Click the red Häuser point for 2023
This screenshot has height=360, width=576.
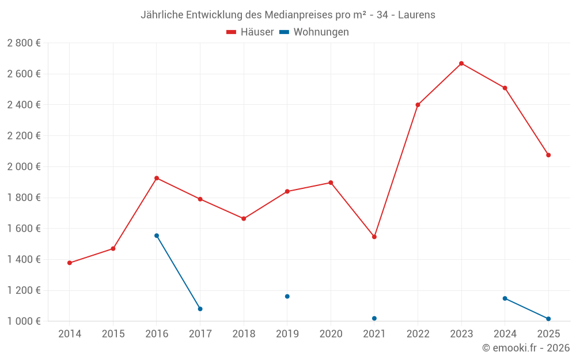click(x=461, y=63)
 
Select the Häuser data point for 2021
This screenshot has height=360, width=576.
click(x=374, y=237)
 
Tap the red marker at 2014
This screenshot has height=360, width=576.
click(x=70, y=263)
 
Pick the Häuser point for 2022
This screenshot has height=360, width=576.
click(x=418, y=105)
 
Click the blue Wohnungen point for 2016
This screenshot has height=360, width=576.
click(x=157, y=236)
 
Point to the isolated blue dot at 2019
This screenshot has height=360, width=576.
click(x=287, y=297)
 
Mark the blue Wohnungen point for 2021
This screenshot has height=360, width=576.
click(x=374, y=319)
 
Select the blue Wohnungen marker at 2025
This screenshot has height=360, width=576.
click(x=548, y=319)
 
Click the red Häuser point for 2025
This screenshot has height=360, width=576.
click(x=548, y=155)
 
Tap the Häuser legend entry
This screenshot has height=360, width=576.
click(x=250, y=32)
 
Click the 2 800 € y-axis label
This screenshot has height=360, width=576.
click(x=24, y=43)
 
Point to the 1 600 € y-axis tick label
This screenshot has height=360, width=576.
click(x=24, y=229)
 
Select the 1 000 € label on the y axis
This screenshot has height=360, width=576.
click(x=24, y=321)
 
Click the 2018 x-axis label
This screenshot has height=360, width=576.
click(x=244, y=334)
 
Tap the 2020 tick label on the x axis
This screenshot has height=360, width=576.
click(x=331, y=334)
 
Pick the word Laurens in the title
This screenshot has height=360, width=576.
click(x=417, y=14)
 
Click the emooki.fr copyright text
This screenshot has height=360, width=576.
click(x=526, y=348)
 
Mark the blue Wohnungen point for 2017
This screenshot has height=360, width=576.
click(x=200, y=309)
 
